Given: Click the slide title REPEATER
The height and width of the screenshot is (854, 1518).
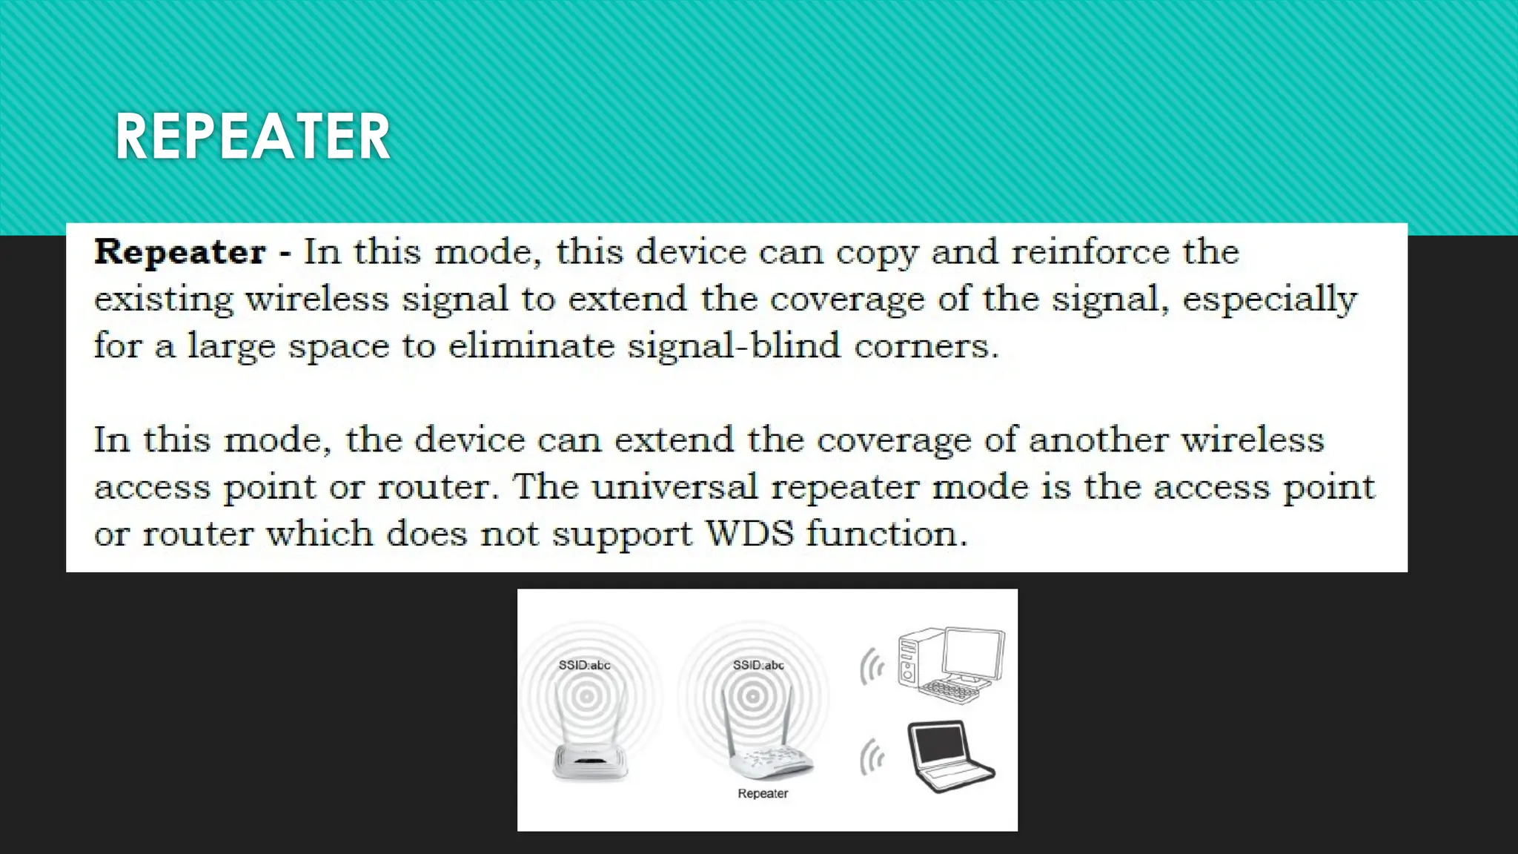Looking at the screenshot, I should [x=252, y=137].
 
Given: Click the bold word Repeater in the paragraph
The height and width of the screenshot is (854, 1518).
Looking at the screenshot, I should [x=180, y=252].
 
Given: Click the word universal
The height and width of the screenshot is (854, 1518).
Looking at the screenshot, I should [x=674, y=487].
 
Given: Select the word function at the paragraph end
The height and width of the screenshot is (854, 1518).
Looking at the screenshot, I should [x=886, y=534].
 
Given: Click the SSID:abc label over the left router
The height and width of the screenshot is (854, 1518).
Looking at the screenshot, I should [x=584, y=665].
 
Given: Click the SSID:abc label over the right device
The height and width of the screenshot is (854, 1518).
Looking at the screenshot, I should [x=758, y=665].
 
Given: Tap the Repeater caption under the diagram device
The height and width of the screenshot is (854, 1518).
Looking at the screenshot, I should [x=763, y=793].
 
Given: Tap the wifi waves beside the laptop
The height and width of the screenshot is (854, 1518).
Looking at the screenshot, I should [x=872, y=758].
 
